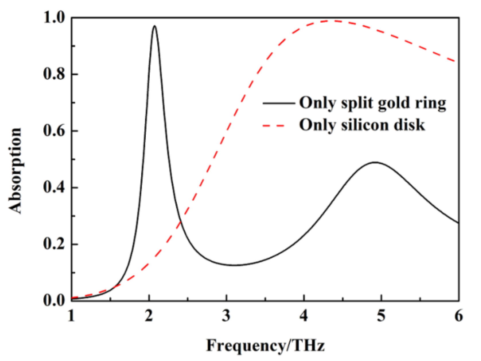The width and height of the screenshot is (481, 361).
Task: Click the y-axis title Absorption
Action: click(15, 170)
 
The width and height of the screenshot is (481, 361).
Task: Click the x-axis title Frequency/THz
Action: click(265, 345)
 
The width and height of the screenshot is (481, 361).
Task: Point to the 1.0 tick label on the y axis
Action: click(54, 18)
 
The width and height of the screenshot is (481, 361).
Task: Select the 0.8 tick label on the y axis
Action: click(54, 74)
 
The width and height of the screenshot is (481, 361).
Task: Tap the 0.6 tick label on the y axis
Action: click(54, 131)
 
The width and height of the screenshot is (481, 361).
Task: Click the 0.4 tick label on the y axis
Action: click(54, 187)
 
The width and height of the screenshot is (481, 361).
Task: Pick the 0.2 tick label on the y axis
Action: click(54, 244)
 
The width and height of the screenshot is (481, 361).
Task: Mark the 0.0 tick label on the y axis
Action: click(54, 300)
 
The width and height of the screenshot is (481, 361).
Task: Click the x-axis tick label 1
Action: click(71, 316)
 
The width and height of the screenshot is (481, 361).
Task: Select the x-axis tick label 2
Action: click(149, 316)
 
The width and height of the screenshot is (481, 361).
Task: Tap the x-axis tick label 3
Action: click(226, 316)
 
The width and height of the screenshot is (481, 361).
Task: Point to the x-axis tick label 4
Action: click(304, 316)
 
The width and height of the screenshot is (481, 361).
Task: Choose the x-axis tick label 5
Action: click(381, 316)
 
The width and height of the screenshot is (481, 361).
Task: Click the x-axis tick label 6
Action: click(459, 316)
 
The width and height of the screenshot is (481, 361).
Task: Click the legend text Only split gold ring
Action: click(373, 103)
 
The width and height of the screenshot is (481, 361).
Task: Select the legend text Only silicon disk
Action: click(362, 125)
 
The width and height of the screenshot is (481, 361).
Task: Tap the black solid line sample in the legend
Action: click(279, 103)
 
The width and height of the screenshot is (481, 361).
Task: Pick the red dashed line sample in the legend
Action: click(274, 125)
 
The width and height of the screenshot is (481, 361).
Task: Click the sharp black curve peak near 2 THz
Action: click(155, 26)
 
